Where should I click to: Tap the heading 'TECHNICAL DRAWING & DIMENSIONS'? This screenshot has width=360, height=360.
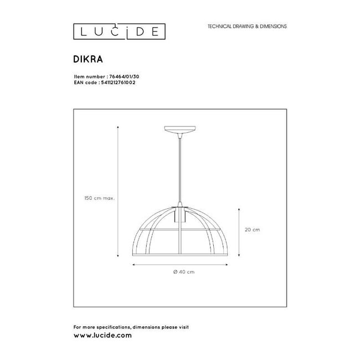coord(246,26)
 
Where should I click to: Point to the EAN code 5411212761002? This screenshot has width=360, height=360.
coord(117,82)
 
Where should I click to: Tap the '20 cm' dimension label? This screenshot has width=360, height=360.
coord(252,229)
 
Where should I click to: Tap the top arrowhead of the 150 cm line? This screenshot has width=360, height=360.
coord(118,127)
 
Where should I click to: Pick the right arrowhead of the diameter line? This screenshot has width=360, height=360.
coord(229,264)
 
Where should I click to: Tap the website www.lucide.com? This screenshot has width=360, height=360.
coord(102,336)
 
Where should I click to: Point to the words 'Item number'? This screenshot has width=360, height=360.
coord(84,77)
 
